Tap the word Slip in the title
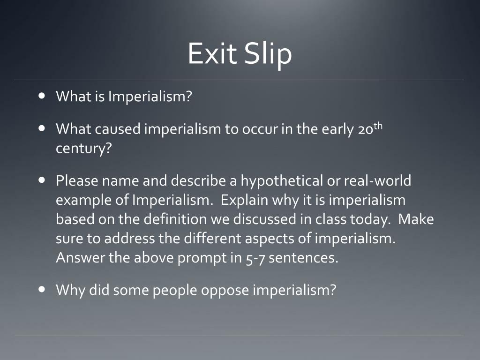pos(268,54)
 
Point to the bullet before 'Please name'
pos(43,180)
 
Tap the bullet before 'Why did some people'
pos(43,289)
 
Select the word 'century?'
pos(83,149)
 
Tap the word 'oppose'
pos(225,290)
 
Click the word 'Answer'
pos(78,258)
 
